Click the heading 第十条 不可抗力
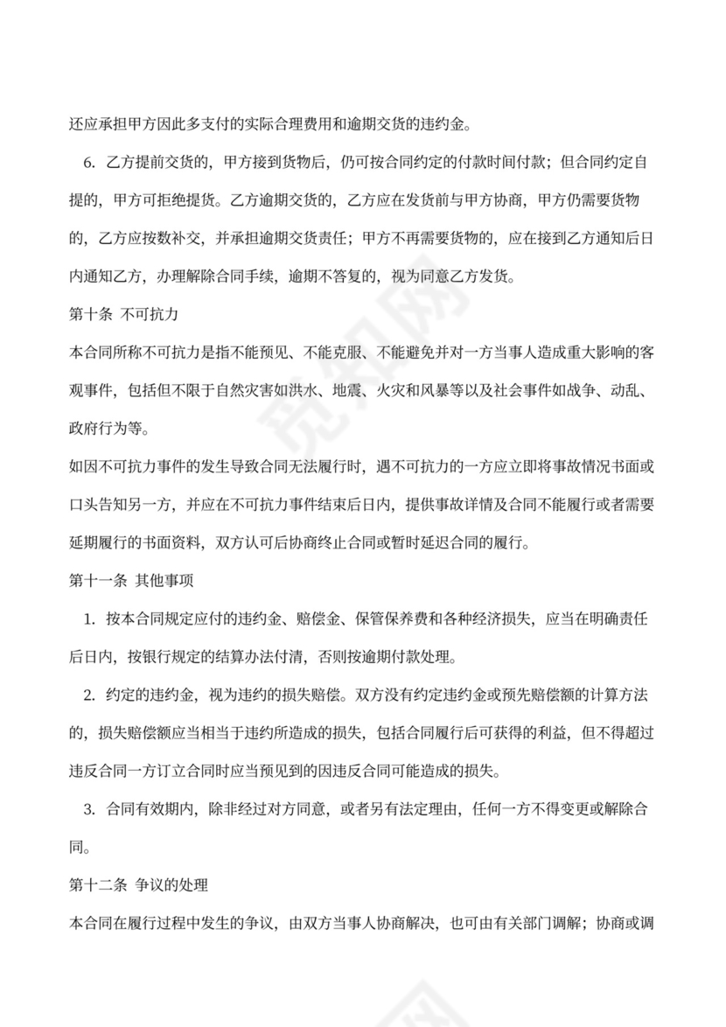123,312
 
